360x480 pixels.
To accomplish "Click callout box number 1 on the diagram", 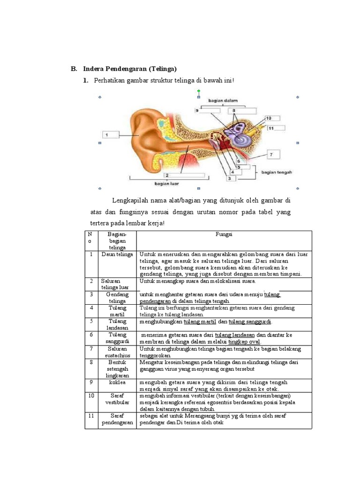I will click(109, 135).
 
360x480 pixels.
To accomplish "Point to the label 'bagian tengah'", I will click(277, 172).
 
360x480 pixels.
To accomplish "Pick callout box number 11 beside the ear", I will click(277, 127).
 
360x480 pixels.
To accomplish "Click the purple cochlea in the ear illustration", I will click(234, 133).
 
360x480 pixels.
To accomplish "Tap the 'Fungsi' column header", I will click(224, 234).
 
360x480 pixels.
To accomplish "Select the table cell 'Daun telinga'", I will click(117, 254).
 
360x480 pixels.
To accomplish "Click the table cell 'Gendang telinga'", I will click(117, 298).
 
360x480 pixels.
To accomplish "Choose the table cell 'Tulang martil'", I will click(117, 311).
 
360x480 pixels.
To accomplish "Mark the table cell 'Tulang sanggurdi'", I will click(117, 338).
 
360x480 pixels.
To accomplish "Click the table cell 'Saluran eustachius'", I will click(117, 352).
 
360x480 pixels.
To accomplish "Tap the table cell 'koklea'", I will click(117, 382).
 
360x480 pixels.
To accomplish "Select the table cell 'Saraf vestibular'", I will click(117, 399).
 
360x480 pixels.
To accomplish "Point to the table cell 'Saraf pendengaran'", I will click(117, 419).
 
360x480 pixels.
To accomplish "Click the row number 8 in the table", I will click(91, 362).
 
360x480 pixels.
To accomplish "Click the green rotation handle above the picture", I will click(199, 90).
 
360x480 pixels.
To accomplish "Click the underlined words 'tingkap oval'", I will click(244, 342).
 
